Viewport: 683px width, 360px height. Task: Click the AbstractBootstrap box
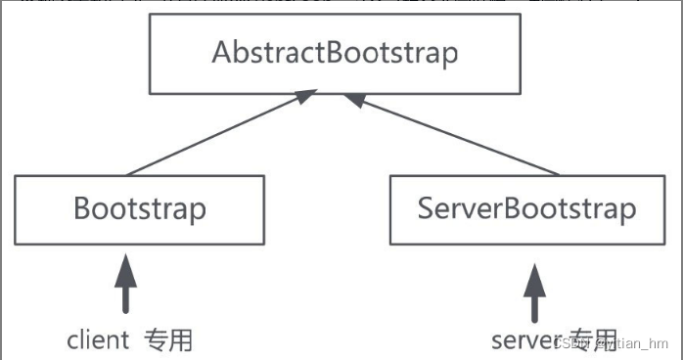(335, 53)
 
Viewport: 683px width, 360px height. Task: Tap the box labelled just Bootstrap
(140, 209)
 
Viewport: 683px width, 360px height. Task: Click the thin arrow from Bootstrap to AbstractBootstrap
(219, 134)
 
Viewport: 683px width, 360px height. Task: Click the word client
(98, 339)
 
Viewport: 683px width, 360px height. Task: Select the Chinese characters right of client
(168, 339)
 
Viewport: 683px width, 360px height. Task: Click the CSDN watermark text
(611, 344)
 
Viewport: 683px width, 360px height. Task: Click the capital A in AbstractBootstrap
(222, 53)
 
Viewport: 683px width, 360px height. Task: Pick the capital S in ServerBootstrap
(426, 208)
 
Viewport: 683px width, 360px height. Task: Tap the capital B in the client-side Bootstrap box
(82, 209)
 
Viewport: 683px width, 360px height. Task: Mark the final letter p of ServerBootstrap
(627, 212)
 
